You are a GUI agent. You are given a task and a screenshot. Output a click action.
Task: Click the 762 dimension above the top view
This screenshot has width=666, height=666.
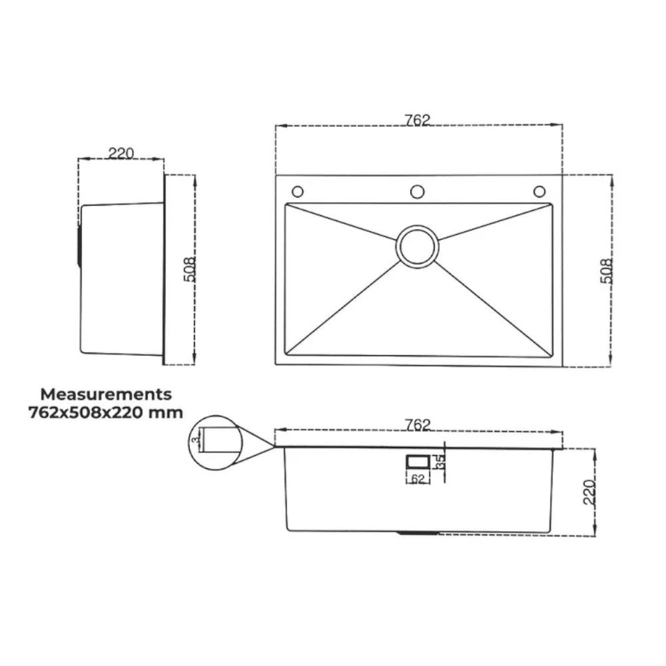(x=418, y=120)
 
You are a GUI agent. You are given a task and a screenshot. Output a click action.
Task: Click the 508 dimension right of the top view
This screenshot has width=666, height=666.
(x=605, y=271)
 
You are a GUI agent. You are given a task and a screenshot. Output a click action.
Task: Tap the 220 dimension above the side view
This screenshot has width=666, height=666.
(x=121, y=153)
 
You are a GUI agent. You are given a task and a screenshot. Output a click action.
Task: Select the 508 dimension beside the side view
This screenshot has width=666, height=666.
(x=189, y=270)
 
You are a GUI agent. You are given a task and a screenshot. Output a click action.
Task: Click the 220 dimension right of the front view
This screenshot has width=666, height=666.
(x=589, y=492)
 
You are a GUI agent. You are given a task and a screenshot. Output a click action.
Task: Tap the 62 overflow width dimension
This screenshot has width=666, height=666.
(x=418, y=480)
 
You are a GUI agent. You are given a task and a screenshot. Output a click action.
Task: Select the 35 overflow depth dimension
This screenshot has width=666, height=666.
(x=440, y=462)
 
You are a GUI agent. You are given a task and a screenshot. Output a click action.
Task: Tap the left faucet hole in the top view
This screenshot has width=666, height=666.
(x=298, y=192)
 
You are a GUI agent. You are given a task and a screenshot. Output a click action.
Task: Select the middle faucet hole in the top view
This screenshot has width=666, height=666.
(x=418, y=192)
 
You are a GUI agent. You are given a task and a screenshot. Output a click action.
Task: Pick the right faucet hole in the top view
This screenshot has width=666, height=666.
(x=538, y=192)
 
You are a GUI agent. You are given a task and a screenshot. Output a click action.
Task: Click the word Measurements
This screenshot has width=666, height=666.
(x=106, y=394)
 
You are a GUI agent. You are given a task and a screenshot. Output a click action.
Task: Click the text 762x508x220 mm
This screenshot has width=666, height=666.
(x=105, y=412)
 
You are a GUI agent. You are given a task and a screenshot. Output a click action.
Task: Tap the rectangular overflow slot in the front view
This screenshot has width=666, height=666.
(x=418, y=461)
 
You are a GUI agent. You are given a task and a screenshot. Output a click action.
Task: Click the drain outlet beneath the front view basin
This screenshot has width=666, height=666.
(x=418, y=533)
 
